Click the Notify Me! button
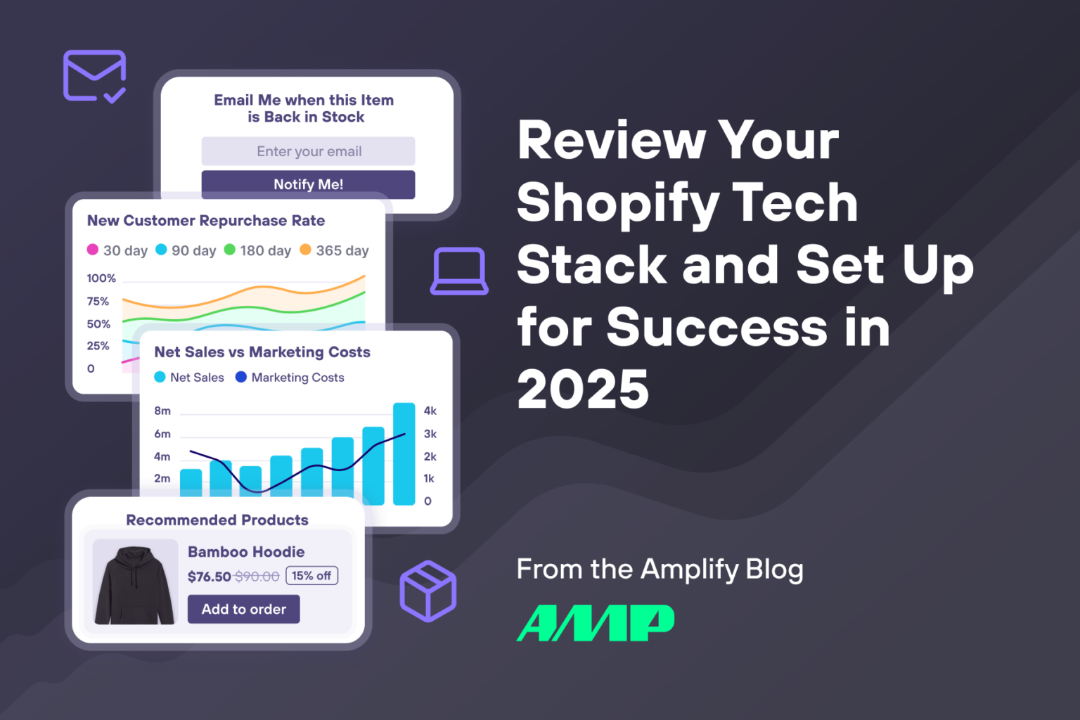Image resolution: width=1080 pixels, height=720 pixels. pos(308,184)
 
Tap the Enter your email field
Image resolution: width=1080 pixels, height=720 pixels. pos(308,151)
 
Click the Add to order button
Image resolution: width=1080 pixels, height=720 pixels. pos(243,609)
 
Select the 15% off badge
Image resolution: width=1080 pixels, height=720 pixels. pos(311,576)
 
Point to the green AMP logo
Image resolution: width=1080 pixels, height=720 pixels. pos(595,623)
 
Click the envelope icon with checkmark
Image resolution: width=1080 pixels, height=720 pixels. pos(94,76)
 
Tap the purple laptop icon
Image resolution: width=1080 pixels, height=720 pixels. pos(459,271)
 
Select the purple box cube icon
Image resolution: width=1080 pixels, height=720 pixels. pos(427,591)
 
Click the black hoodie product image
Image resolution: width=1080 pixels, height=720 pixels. pos(135,582)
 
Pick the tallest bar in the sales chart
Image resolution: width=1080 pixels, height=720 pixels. pos(404,454)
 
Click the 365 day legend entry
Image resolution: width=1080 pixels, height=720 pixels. pos(335,250)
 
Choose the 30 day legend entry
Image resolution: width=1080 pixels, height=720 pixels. pos(117,250)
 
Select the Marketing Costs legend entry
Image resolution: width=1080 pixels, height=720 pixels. pos(290,378)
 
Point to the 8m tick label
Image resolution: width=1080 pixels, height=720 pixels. pos(162,411)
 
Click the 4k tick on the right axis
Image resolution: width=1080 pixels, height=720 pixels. pos(430,411)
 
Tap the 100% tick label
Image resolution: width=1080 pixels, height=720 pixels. pos(101,278)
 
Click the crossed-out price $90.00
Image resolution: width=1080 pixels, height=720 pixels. pos(257,577)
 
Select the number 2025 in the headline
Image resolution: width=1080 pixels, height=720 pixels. pos(583,389)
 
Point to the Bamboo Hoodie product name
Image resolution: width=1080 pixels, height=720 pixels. pos(246,552)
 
